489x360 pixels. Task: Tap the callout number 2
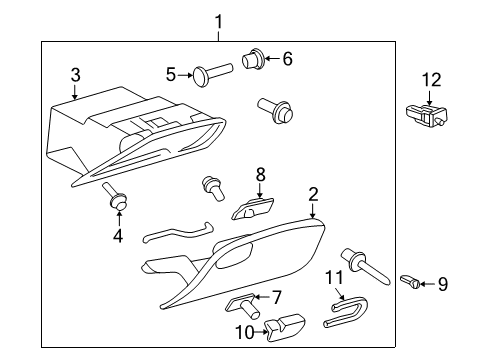pyautogui.click(x=313, y=193)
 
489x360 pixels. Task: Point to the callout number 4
pyautogui.click(x=117, y=236)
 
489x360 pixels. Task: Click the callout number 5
pyautogui.click(x=171, y=73)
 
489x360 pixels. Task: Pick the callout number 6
pyautogui.click(x=287, y=59)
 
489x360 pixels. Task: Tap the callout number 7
pyautogui.click(x=278, y=297)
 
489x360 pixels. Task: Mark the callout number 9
pyautogui.click(x=442, y=285)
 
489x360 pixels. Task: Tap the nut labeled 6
pyautogui.click(x=252, y=60)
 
